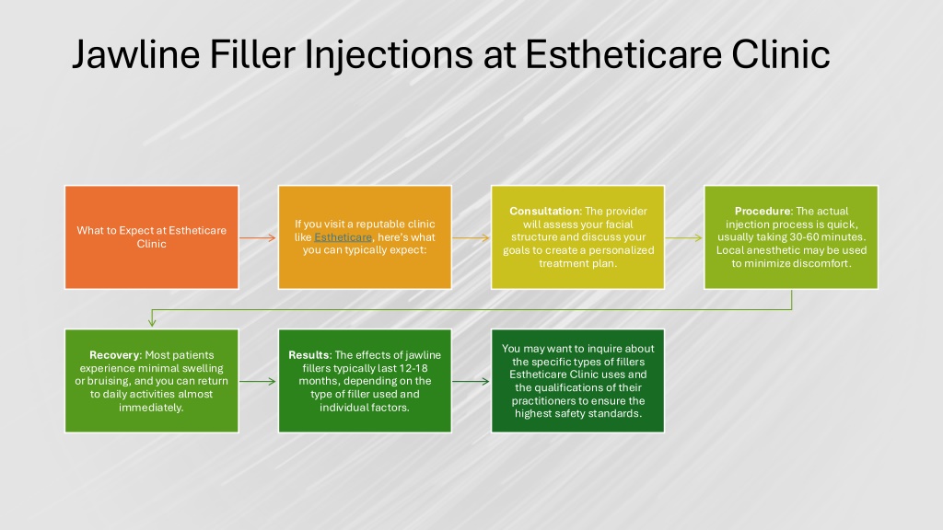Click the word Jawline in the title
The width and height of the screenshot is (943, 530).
pyautogui.click(x=136, y=54)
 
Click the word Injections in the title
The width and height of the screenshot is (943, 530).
pyautogui.click(x=390, y=55)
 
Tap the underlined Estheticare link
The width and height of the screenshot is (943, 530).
pyautogui.click(x=343, y=237)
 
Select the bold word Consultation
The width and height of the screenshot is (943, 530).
pyautogui.click(x=544, y=211)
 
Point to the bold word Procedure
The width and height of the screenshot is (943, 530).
pyautogui.click(x=762, y=211)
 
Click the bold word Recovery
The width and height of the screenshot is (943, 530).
pyautogui.click(x=114, y=354)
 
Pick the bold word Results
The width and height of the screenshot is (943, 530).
pyautogui.click(x=309, y=354)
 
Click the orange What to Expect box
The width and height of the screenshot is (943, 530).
pyautogui.click(x=152, y=237)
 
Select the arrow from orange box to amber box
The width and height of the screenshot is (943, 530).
pyautogui.click(x=258, y=238)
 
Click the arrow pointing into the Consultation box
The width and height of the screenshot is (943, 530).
pyautogui.click(x=471, y=238)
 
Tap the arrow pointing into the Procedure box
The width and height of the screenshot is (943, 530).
pyautogui.click(x=684, y=238)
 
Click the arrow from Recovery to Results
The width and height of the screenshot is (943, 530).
pyautogui.click(x=258, y=382)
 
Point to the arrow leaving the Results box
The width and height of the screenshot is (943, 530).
pyautogui.click(x=471, y=382)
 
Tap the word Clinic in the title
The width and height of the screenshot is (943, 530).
pyautogui.click(x=781, y=54)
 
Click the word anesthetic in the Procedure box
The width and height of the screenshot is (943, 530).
pyautogui.click(x=775, y=250)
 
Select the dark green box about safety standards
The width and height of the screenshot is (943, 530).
pyautogui.click(x=578, y=381)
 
